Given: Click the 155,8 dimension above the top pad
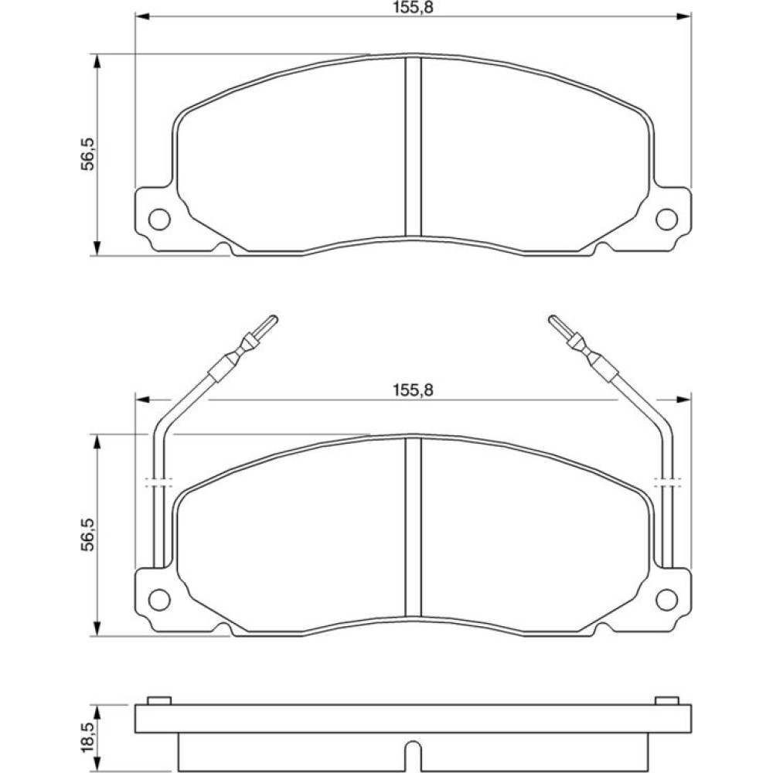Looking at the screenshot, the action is point(413,8).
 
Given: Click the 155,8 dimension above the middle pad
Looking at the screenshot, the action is point(413,390).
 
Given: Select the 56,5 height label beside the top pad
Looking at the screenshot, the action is point(88,155).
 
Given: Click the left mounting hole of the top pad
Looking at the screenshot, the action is point(159,219).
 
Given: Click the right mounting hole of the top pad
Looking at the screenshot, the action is point(667,219).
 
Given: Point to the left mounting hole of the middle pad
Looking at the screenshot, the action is point(159,600).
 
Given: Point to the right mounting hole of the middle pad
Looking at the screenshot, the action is point(667,600).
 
